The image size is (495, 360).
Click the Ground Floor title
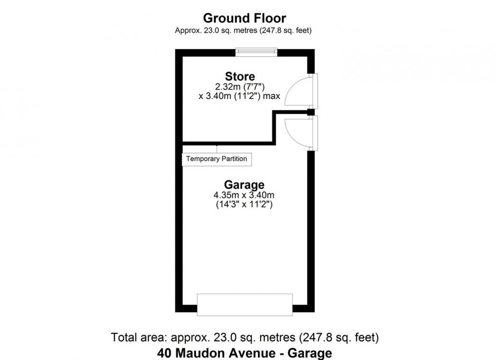pyautogui.click(x=245, y=18)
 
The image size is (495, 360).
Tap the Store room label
pyautogui.click(x=240, y=76)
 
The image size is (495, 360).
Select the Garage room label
pyautogui.click(x=244, y=185)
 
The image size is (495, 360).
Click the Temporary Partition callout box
pyautogui.click(x=217, y=159)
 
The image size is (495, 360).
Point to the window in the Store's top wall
pyautogui.click(x=256, y=52)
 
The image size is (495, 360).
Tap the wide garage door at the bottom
pyautogui.click(x=245, y=305)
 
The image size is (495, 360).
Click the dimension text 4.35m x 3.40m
pyautogui.click(x=244, y=195)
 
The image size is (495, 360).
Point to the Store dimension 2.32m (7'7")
pyautogui.click(x=240, y=87)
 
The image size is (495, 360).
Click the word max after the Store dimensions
pyautogui.click(x=271, y=96)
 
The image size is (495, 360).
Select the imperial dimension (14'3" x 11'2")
pyautogui.click(x=244, y=205)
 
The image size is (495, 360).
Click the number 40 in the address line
pyautogui.click(x=164, y=353)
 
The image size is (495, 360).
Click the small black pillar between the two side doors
pyautogui.click(x=311, y=112)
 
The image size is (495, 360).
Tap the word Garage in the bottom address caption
pyautogui.click(x=310, y=353)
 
